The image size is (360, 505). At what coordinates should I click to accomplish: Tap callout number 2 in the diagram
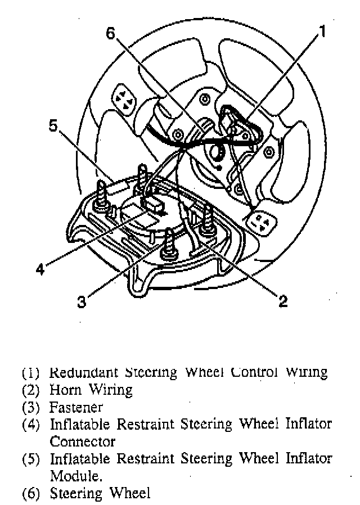pyautogui.click(x=282, y=301)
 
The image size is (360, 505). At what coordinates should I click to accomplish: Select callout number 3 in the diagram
pyautogui.click(x=82, y=302)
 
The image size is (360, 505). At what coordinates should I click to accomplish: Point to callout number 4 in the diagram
pyautogui.click(x=39, y=269)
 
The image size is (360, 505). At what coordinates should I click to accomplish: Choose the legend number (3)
pyautogui.click(x=31, y=407)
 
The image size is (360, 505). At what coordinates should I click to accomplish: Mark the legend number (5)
pyautogui.click(x=31, y=459)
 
